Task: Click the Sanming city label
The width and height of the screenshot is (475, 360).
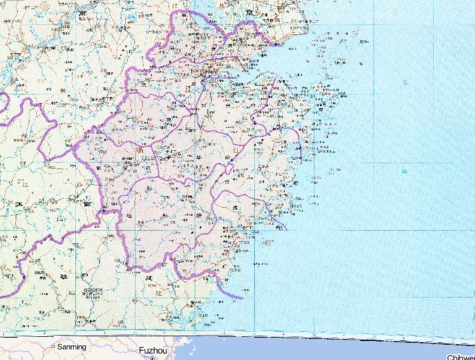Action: pos(72,347)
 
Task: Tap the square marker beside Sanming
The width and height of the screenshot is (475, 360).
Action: pos(53,346)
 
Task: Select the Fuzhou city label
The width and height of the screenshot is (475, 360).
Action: pos(151,349)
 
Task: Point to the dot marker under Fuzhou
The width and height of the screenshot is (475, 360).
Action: pos(152,358)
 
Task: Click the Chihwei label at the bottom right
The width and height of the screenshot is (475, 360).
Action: pos(461,357)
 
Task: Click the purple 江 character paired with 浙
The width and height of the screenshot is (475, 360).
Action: pos(236,149)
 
